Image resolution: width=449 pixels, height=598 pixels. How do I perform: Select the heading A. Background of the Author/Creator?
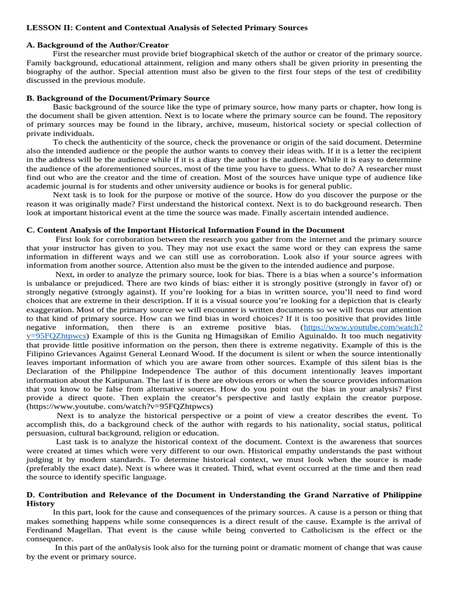tap(98, 45)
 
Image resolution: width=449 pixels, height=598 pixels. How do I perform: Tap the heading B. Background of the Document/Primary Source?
tap(118, 98)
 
